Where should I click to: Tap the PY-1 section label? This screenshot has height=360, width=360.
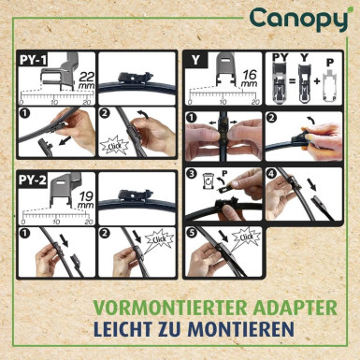[35, 58]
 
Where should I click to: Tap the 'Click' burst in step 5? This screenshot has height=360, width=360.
[249, 240]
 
